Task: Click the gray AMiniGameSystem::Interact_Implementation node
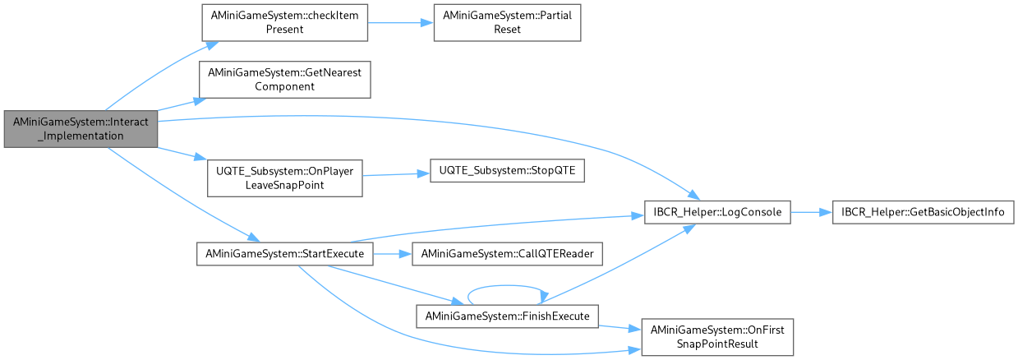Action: point(80,128)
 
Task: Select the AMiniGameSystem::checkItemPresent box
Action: point(284,22)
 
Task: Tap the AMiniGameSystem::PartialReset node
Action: point(507,22)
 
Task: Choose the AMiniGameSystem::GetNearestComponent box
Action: point(284,79)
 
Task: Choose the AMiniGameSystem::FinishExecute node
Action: point(506,316)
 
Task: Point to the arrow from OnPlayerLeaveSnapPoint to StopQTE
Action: point(396,175)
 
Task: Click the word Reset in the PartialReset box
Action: point(507,29)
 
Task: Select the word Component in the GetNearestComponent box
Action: point(284,85)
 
